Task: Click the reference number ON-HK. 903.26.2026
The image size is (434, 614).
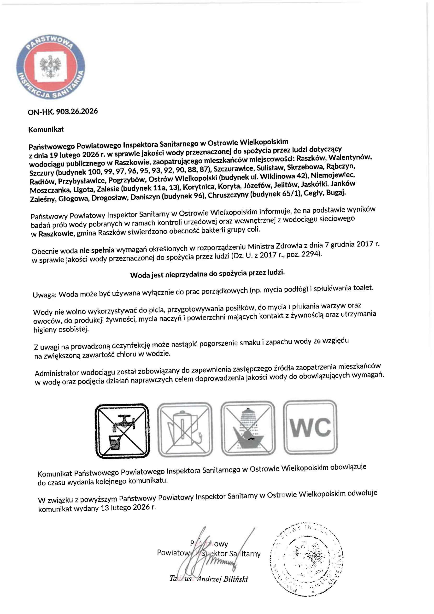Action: tap(63, 112)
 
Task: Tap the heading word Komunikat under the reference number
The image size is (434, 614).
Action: tap(46, 130)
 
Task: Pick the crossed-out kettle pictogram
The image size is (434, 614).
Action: tap(185, 430)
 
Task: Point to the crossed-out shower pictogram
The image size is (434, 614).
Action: tap(248, 429)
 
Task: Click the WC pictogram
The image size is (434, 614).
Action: tap(311, 428)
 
